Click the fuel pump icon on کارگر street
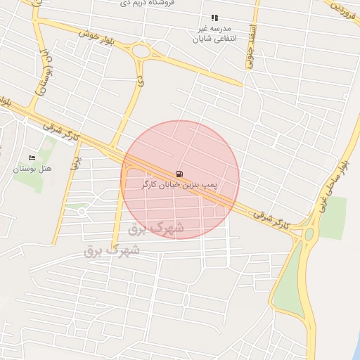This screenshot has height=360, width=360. click(x=179, y=173)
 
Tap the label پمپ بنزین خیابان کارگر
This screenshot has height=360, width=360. click(x=180, y=184)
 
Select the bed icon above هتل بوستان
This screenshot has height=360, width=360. click(x=30, y=157)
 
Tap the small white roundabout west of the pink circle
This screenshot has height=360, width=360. click(x=82, y=211)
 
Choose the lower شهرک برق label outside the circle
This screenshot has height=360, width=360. click(x=112, y=250)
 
